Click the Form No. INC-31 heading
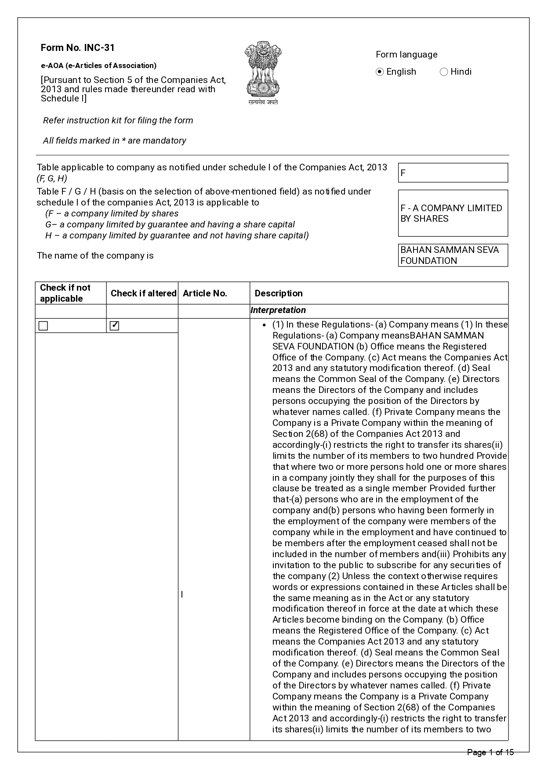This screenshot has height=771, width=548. (78, 48)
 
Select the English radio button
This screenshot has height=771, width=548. (380, 72)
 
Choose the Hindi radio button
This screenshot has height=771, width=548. (444, 72)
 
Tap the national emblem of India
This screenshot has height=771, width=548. (263, 72)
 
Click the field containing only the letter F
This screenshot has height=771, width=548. (453, 173)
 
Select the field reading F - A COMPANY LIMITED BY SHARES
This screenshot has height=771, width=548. (453, 213)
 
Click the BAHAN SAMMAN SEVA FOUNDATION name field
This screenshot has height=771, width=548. (453, 256)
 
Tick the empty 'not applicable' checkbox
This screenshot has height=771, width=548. (43, 326)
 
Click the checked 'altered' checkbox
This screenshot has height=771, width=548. (115, 326)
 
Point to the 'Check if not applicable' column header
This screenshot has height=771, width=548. (65, 293)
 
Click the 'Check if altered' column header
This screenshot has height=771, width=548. (143, 293)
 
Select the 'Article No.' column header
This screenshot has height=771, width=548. (205, 293)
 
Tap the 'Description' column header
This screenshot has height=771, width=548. (279, 293)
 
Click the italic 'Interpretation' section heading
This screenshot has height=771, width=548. (278, 310)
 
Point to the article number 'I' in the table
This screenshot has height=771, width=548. (182, 594)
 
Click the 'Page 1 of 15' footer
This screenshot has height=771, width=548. (490, 753)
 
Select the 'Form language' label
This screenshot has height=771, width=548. (406, 55)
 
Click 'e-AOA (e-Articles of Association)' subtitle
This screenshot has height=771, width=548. (98, 66)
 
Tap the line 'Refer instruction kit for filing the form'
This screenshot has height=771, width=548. (118, 121)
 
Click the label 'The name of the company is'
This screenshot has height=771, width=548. (95, 256)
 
